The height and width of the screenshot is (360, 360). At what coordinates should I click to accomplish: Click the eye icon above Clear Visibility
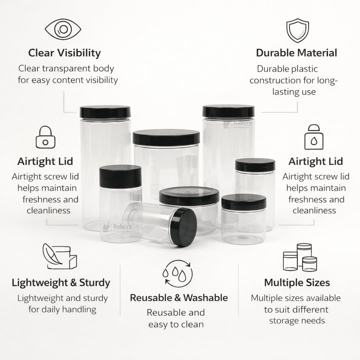[63, 30]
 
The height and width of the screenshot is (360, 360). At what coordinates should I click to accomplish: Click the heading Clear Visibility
[64, 53]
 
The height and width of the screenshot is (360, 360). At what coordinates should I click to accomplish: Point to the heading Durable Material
[296, 53]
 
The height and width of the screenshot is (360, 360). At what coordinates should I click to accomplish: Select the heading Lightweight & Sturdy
[61, 283]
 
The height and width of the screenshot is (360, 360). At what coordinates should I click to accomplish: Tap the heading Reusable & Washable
[179, 297]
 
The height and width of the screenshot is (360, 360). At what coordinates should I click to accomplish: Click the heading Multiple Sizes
[297, 283]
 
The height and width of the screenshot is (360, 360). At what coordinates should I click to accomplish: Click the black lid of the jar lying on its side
[184, 227]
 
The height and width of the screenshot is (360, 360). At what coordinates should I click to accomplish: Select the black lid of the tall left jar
[105, 111]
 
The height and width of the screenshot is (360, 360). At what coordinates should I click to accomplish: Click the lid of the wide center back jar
[166, 137]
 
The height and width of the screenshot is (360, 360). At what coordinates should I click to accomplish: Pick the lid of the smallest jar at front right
[244, 202]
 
